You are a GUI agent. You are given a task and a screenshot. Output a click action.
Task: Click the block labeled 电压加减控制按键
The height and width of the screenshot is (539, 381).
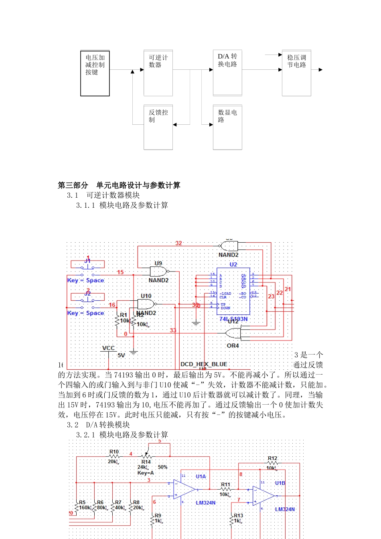click(95, 73)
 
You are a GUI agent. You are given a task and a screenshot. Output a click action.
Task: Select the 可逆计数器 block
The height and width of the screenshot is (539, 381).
click(158, 73)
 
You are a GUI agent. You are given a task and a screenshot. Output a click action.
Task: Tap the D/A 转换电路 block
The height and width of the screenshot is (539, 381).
click(227, 73)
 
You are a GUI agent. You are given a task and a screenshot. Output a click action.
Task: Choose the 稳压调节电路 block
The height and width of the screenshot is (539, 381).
click(296, 73)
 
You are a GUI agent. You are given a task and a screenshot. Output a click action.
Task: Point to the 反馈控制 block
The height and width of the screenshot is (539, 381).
click(158, 127)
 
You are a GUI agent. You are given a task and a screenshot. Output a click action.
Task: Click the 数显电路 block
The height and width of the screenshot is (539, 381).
click(227, 127)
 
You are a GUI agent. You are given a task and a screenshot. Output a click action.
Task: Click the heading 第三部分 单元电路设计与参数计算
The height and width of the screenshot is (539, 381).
click(119, 185)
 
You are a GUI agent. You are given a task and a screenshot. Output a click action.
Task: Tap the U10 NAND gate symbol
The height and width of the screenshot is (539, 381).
click(147, 304)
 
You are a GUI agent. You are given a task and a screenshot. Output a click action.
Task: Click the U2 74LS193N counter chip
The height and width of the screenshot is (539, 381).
click(233, 291)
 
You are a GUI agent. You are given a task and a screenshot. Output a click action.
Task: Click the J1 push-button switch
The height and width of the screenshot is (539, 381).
click(88, 267)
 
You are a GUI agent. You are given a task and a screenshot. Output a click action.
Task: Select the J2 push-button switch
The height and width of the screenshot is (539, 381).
click(88, 300)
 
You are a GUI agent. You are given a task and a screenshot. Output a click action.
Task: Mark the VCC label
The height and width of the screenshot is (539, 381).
click(108, 348)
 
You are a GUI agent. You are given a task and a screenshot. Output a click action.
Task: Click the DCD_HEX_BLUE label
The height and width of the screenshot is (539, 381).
click(204, 364)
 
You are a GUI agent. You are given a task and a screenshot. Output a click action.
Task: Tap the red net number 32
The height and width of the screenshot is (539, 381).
click(178, 243)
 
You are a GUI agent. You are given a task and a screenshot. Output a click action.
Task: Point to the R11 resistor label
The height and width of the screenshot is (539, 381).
click(225, 484)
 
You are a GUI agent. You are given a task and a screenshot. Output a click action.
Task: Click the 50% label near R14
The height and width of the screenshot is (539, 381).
click(162, 467)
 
